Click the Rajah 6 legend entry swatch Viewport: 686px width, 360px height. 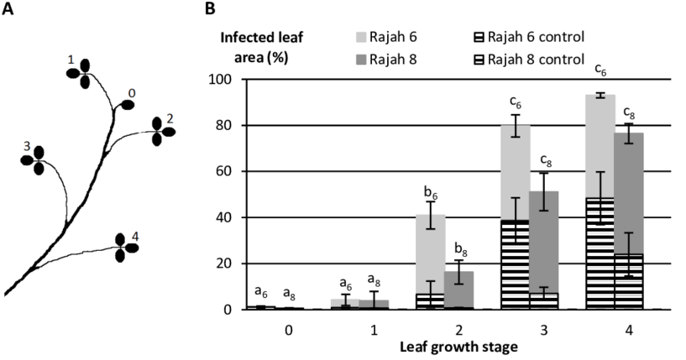362,37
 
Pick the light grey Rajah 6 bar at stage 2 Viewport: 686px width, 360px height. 430,252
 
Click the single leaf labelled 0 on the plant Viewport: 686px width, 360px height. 128,105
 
